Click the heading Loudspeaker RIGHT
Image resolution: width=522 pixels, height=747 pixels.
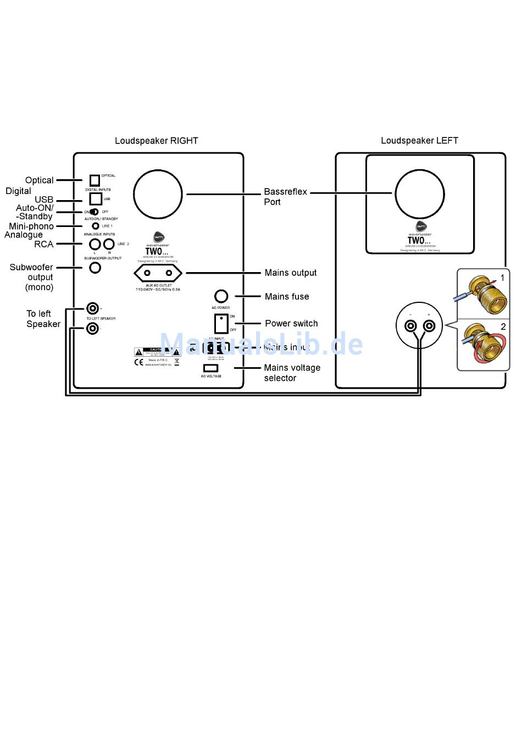point(156,141)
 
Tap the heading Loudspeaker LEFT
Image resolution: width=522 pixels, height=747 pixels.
point(419,141)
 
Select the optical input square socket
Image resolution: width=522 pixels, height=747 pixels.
point(95,180)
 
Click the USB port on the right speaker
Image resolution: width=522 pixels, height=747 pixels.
point(96,198)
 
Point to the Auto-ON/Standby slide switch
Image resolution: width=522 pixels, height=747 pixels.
point(94,212)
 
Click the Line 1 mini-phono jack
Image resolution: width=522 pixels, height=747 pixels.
point(96,226)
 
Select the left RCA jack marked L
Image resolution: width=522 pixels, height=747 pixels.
point(95,244)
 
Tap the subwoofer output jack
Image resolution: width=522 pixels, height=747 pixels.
point(95,268)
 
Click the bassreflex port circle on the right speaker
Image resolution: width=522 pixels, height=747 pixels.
point(158,194)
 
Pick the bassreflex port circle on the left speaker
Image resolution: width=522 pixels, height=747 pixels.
point(420,194)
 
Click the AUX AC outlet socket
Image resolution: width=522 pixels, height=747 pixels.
point(158,273)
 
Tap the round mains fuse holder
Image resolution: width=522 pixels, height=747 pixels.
point(221,296)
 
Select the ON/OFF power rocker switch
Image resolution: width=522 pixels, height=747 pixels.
point(221,323)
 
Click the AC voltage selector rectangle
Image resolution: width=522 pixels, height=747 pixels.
point(210,368)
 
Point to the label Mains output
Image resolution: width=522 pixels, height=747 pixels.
point(290,273)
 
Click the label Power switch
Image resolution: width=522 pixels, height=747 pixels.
point(291,323)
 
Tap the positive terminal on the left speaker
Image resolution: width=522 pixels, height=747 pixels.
point(429,326)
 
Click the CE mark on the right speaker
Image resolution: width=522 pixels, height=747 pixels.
point(139,362)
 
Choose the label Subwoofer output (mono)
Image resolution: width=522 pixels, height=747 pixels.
point(32,277)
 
